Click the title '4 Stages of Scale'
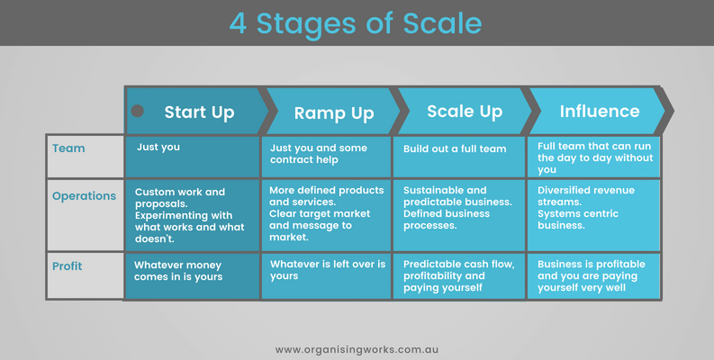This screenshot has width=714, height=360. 356,23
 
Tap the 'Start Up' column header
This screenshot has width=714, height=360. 200,112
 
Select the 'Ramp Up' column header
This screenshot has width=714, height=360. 334,112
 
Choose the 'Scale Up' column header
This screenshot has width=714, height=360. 465,112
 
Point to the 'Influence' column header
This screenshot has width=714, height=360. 600,111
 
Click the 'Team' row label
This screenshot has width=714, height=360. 68,148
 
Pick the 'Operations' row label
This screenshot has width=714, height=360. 85,196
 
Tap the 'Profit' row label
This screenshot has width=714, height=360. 67,265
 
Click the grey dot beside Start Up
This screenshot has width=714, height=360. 137,111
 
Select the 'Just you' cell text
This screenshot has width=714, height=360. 158,148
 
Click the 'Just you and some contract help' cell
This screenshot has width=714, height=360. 319,154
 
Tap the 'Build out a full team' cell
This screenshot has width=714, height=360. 455,148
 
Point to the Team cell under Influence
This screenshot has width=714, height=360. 594,157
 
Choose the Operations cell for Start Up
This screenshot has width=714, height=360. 189,215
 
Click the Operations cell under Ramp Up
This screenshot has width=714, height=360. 327,213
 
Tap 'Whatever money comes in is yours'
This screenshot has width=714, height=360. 178,271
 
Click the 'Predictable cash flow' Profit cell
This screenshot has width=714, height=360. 458,275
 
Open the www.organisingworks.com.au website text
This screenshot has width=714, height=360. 357,350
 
